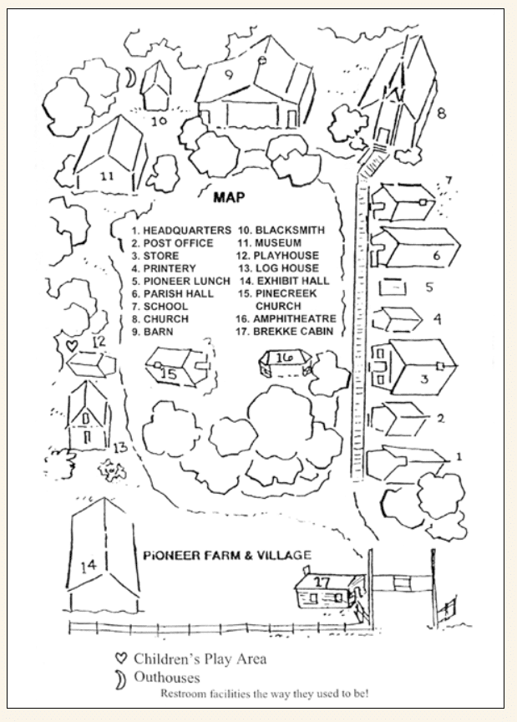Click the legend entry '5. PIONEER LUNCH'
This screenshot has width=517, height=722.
pos(180,281)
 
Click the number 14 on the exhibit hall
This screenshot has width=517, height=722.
pos(87,566)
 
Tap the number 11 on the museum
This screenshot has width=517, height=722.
pos(107,176)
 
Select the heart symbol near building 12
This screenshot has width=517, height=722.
pos(73,343)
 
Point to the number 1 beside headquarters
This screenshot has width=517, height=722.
pos(457,457)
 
